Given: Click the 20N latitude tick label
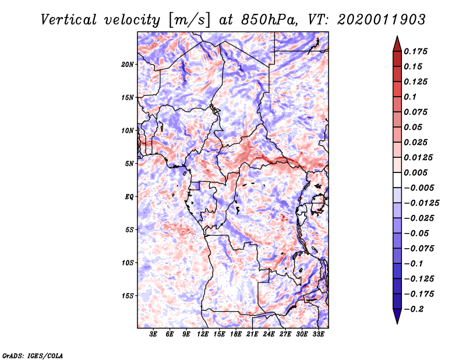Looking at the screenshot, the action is tap(128, 65).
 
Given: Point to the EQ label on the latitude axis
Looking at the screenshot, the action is tap(129, 197).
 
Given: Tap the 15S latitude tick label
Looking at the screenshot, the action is tap(128, 296).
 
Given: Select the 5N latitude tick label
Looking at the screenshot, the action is tap(129, 164).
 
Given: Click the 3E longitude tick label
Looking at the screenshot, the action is tap(153, 334).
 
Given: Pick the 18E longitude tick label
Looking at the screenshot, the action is tap(236, 334).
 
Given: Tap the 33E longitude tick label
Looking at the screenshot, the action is tap(318, 334).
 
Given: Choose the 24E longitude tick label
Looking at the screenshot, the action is tap(269, 334).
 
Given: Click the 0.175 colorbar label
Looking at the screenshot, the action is tap(415, 51).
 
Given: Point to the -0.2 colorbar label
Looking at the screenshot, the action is tap(414, 309).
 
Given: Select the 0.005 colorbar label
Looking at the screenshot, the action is tap(415, 172).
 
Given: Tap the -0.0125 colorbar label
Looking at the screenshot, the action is tap(421, 203).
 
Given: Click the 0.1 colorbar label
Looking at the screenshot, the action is tap(410, 97).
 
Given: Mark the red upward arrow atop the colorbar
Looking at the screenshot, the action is tap(397, 44).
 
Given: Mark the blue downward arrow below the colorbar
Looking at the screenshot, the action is tap(397, 316).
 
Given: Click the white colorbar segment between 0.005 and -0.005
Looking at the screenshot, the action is tap(397, 180).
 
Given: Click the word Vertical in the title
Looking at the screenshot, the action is tap(69, 20).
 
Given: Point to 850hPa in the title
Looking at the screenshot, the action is tap(270, 20).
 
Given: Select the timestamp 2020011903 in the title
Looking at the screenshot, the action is tap(382, 20).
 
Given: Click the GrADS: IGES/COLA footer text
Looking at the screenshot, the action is tap(33, 356).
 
